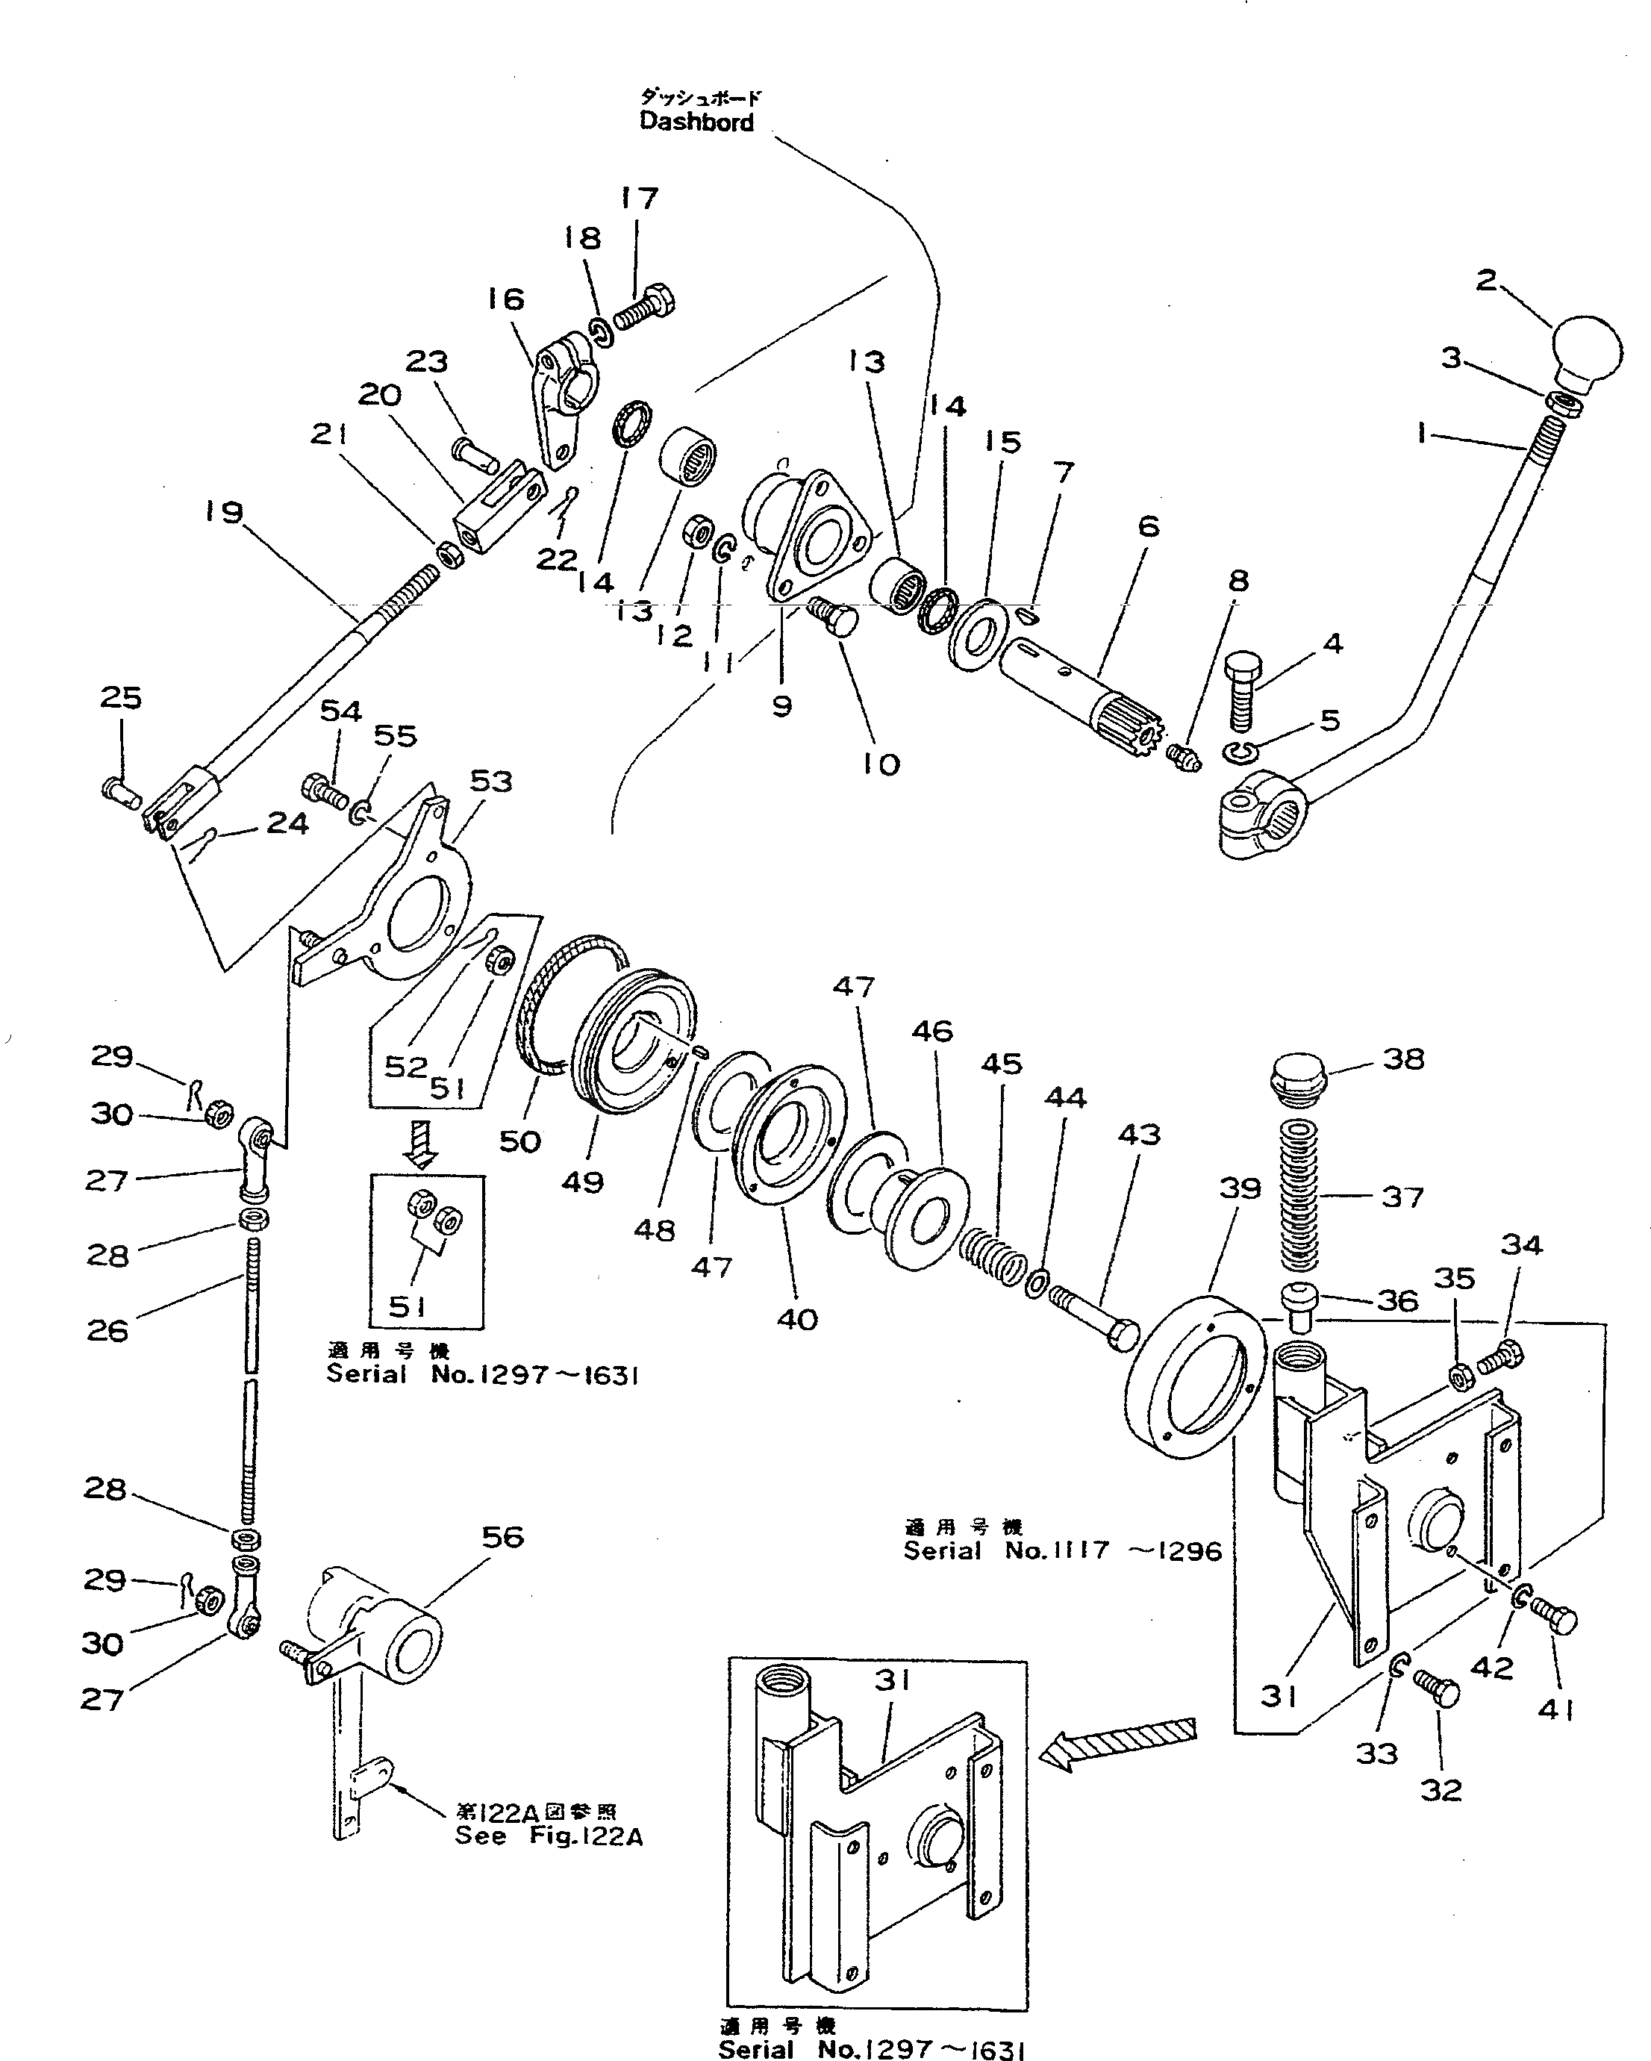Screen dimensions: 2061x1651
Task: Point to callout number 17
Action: pos(639,198)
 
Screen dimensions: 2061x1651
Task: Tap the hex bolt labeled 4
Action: pos(1242,688)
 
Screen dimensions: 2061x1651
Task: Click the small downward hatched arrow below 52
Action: pos(421,1144)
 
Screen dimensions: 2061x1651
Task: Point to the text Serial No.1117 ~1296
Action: pos(1062,1550)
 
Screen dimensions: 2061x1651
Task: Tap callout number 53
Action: pos(490,780)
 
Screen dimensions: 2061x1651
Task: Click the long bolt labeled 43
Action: pos(1096,1315)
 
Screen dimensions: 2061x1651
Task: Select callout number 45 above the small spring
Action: pos(1001,1063)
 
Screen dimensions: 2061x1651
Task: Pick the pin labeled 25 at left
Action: pos(119,791)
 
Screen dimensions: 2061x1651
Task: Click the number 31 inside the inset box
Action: pos(891,1680)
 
